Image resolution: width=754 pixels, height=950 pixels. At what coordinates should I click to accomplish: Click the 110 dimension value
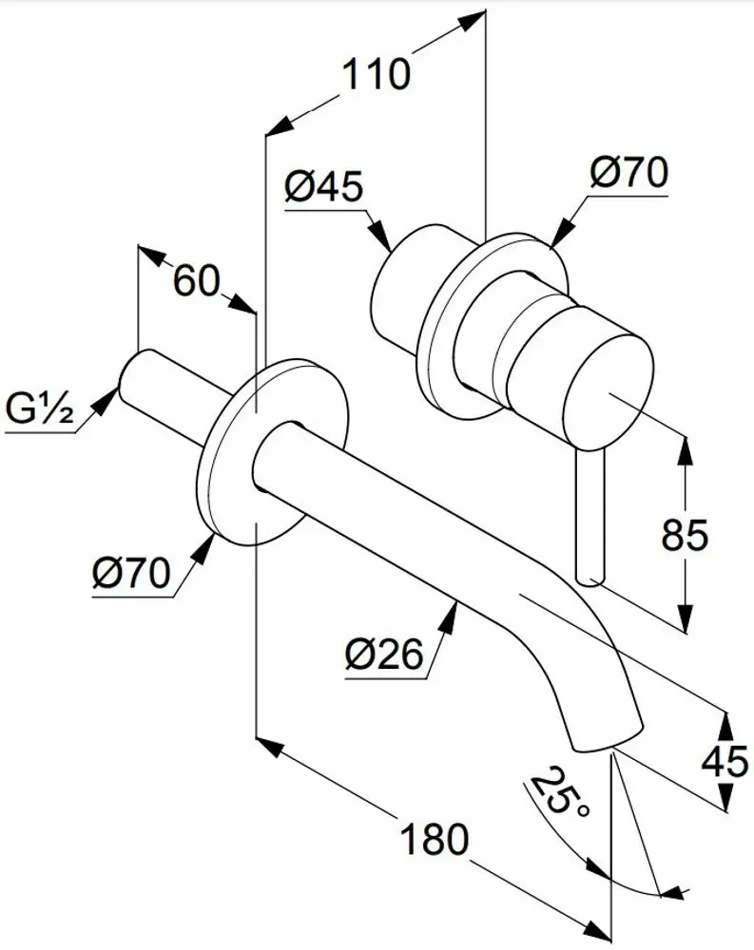(377, 74)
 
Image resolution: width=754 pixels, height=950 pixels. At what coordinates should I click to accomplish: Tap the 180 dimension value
(435, 839)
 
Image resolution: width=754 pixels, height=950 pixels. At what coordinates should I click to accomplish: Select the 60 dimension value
(196, 281)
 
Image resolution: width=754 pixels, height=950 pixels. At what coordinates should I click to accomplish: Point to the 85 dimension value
(685, 534)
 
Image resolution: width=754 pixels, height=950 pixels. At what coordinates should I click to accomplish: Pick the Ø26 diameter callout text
(383, 655)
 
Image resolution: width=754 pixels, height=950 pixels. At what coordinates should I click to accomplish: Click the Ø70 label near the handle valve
(628, 172)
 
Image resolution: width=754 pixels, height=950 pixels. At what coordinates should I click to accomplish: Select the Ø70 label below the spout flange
(131, 572)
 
